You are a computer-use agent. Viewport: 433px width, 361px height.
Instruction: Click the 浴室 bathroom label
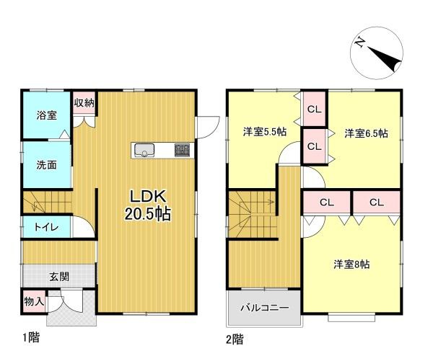[48, 115]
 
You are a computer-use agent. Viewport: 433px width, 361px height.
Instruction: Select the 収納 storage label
[84, 102]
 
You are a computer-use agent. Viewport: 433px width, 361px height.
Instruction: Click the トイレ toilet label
[38, 226]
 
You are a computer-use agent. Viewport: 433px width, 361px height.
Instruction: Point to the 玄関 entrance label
[59, 276]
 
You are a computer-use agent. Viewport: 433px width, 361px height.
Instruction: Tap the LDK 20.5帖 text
[149, 205]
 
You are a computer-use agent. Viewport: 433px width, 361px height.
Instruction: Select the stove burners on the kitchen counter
[181, 151]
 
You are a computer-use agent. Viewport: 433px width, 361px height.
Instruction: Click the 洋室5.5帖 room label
[264, 132]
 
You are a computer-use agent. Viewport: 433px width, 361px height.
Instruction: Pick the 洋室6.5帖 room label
[366, 133]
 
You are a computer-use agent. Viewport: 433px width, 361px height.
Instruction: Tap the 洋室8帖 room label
[351, 264]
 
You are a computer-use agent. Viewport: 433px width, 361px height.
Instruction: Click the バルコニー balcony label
[264, 308]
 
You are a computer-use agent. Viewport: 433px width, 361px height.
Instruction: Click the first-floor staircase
[48, 202]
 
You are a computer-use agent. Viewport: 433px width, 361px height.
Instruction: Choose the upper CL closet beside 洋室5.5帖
[313, 110]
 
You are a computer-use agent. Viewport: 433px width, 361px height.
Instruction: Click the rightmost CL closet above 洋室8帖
[376, 202]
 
